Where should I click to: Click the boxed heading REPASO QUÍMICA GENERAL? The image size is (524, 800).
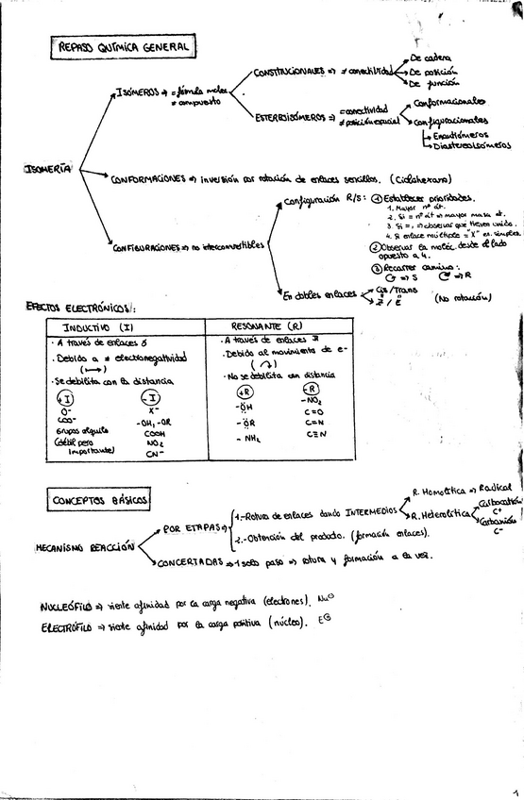[x=123, y=46]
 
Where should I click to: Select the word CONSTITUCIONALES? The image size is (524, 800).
[x=291, y=71]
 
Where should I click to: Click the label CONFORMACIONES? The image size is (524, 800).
[x=147, y=179]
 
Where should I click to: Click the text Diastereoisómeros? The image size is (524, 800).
[x=472, y=145]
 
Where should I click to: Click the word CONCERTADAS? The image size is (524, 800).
[x=189, y=561]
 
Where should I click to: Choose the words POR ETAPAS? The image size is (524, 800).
[x=192, y=529]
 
